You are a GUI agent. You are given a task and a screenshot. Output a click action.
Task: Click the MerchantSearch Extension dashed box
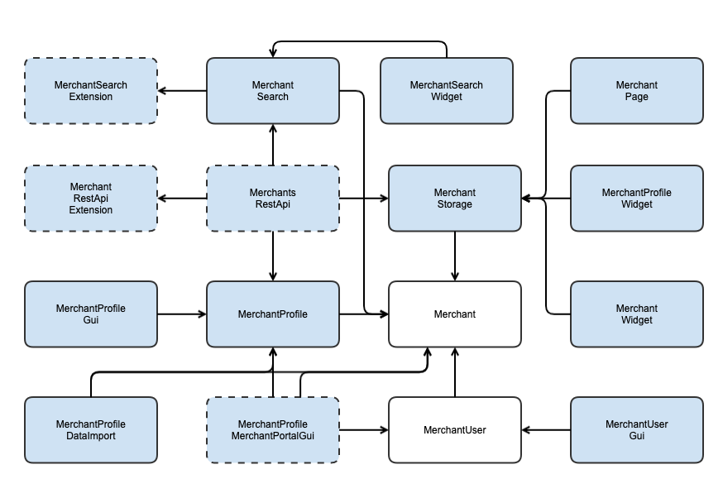(91, 91)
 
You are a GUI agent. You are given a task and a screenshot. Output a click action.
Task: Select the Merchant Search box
(273, 91)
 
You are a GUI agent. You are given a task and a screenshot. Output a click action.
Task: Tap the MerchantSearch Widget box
(447, 91)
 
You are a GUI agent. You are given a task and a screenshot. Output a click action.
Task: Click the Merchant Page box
(637, 91)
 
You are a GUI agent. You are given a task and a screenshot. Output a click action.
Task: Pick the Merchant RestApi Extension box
(91, 199)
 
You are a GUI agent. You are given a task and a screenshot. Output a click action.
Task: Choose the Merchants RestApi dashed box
(273, 199)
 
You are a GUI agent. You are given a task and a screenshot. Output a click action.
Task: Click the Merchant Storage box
(455, 199)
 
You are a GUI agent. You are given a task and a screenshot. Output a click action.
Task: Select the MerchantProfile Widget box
(637, 199)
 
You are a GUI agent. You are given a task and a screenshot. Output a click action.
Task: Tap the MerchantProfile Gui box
(91, 314)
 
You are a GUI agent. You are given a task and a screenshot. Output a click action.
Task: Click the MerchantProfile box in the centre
(273, 314)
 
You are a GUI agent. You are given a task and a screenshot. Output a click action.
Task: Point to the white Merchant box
(455, 314)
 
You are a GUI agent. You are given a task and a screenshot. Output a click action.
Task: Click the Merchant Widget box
(637, 314)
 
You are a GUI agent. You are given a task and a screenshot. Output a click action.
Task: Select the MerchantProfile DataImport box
(91, 430)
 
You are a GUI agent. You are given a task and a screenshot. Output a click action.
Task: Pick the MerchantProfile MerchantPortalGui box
(273, 430)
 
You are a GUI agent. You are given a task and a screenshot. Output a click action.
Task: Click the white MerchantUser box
(455, 430)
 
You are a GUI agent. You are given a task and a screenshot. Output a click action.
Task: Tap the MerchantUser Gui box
(637, 430)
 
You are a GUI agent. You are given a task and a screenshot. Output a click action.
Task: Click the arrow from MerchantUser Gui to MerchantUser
(546, 430)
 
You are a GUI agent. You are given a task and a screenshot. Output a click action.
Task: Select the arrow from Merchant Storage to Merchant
(455, 256)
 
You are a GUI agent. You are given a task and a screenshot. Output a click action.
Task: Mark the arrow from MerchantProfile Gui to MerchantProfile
(182, 314)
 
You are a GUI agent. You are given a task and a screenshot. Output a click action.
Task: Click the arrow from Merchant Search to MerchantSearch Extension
(182, 91)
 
